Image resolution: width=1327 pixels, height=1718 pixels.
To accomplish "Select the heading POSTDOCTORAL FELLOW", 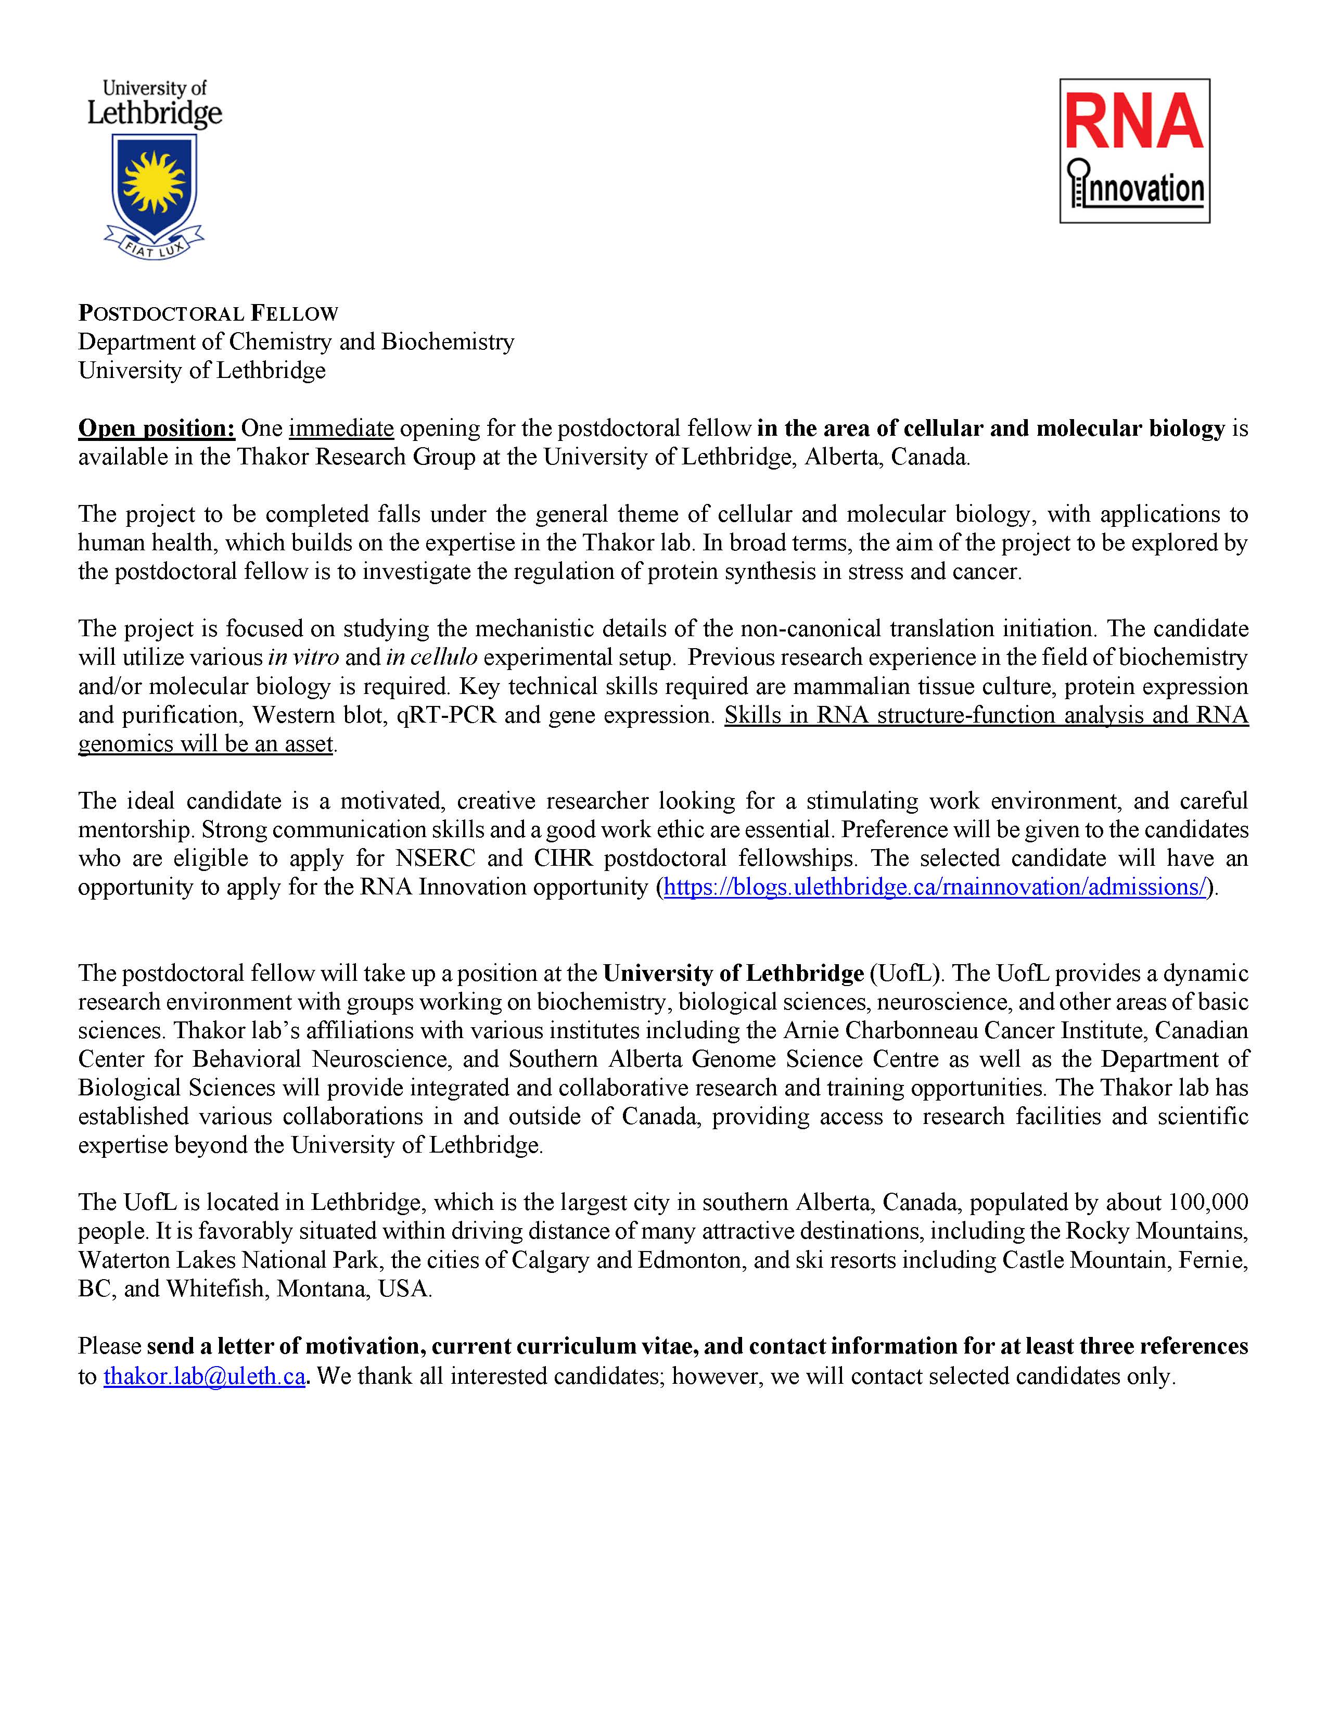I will coord(208,314).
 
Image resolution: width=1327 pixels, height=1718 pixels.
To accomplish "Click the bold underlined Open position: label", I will coord(157,428).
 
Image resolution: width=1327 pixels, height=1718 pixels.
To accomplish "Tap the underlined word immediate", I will coord(341,428).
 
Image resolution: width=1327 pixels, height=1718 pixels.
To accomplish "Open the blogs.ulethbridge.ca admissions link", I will coord(935,887).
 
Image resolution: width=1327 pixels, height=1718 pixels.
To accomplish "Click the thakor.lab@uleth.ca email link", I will coord(205,1376).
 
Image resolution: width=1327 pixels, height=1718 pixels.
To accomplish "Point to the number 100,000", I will coord(1208,1202).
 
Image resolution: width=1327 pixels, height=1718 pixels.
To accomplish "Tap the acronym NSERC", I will coord(436,858).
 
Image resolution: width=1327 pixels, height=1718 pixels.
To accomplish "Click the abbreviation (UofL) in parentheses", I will coord(905,974).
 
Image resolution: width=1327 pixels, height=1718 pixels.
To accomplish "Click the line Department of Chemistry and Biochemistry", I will coord(297,342).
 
